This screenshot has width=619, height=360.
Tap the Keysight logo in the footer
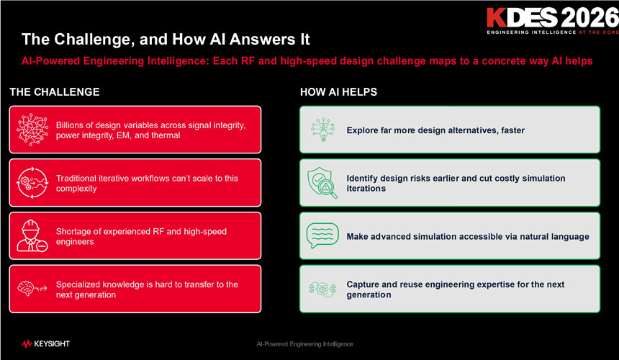click(46, 344)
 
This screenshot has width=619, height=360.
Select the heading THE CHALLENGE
click(55, 92)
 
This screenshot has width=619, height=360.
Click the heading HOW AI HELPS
click(338, 92)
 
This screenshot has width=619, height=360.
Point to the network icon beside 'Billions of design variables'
click(32, 130)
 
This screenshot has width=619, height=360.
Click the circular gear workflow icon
click(32, 183)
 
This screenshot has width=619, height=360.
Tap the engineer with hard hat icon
click(32, 235)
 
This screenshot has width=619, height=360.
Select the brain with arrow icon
click(32, 289)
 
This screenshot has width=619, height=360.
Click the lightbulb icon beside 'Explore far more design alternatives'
click(323, 130)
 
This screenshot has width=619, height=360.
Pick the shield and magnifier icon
click(322, 183)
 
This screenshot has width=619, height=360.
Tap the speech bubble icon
click(322, 235)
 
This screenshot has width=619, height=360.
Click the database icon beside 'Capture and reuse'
click(322, 289)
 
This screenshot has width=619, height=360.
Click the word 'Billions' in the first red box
click(71, 125)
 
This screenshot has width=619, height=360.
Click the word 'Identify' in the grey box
click(362, 179)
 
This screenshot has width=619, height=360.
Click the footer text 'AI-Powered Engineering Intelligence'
click(304, 344)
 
